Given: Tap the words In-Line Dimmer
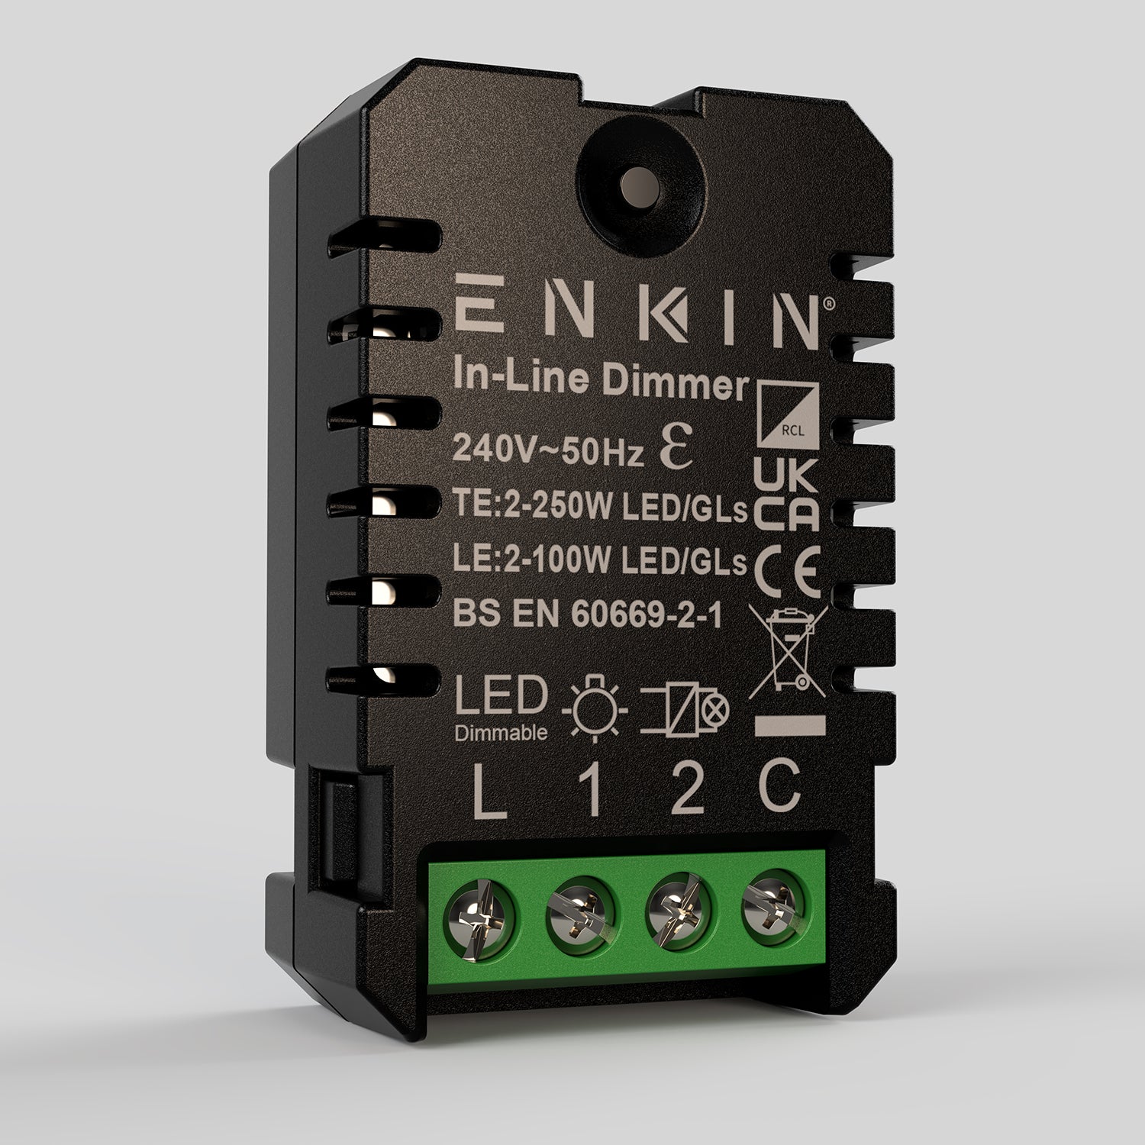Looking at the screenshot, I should [x=599, y=382].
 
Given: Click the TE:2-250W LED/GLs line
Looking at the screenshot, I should [x=599, y=508].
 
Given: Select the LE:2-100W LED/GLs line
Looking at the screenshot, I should [x=599, y=563].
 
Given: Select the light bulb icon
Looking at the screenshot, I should [x=595, y=708].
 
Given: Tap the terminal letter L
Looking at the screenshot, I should [x=489, y=794].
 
